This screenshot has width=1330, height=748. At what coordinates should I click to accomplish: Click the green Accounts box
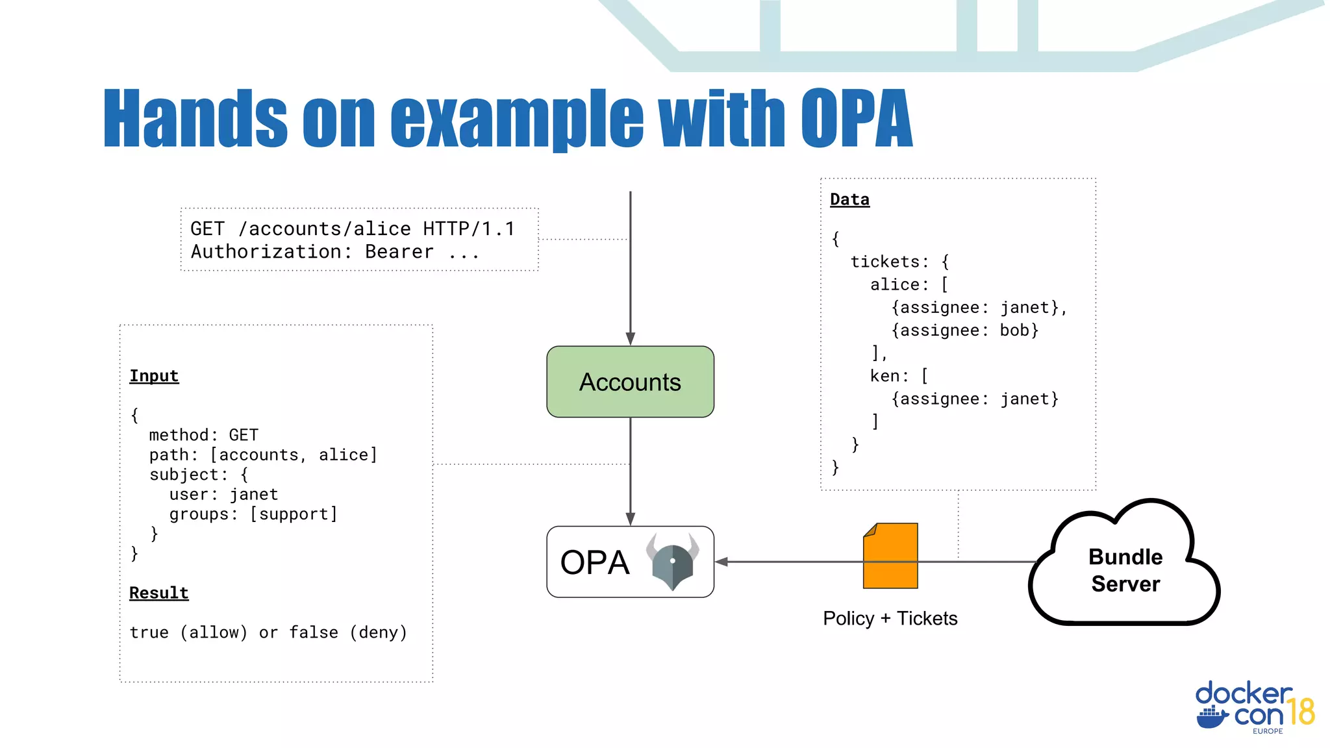point(630,382)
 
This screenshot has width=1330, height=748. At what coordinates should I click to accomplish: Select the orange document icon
point(890,556)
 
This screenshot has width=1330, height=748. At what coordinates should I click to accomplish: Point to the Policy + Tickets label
point(890,618)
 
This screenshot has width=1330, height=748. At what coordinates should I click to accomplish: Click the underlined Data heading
point(849,199)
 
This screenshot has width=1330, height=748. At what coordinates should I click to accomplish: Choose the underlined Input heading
point(154,376)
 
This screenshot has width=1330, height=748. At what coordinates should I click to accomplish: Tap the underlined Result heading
point(158,593)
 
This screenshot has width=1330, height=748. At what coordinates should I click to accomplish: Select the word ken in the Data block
point(885,376)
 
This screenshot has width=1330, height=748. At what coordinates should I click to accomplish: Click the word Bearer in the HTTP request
point(399,252)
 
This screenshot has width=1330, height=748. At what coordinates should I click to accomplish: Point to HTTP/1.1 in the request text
point(469,229)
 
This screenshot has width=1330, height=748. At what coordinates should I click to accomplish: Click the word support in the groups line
point(294,514)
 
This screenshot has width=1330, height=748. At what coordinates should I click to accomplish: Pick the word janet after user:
point(254,495)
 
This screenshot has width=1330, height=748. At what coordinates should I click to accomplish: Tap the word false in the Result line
point(314,632)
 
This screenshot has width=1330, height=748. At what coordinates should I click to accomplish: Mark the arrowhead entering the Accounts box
point(630,339)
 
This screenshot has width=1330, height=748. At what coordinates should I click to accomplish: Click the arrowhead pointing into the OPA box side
point(721,562)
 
